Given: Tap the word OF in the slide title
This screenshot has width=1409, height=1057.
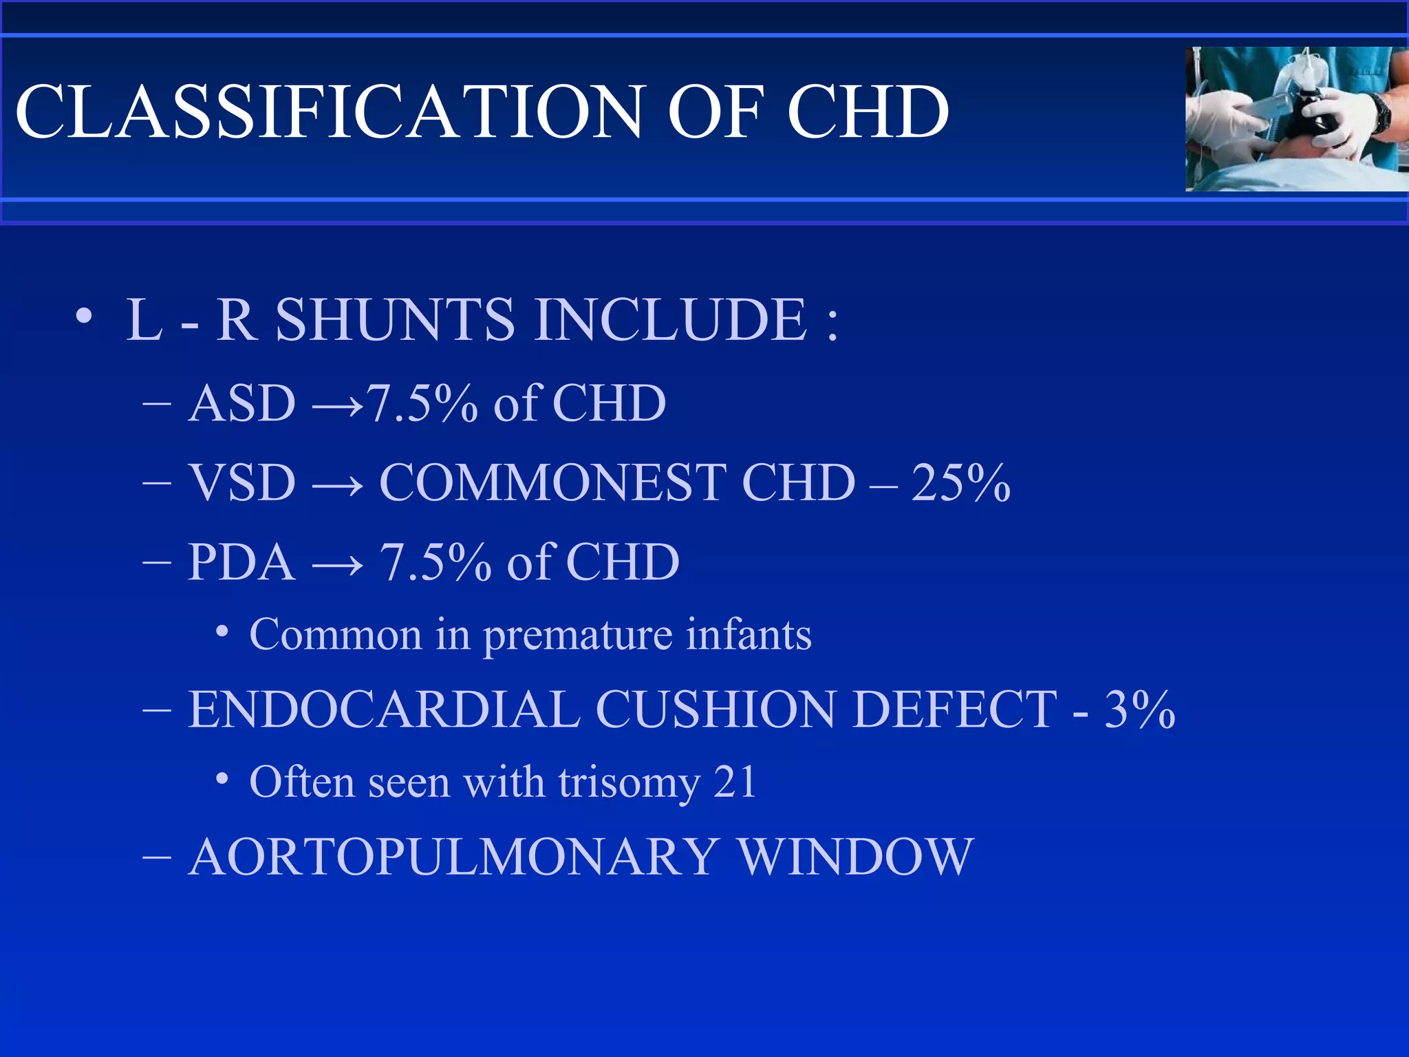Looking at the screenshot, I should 716,111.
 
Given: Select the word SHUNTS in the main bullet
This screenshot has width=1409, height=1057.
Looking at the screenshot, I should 394,319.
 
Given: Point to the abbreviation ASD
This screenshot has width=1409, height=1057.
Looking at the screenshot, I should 242,403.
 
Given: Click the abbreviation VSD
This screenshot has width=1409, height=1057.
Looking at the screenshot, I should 242,482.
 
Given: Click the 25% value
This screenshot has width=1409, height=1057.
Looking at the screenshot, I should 960,482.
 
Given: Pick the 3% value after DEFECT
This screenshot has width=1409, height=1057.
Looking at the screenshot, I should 1140,709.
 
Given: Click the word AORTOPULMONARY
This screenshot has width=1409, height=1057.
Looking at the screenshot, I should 454,857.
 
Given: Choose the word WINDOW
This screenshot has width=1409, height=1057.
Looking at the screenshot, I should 855,857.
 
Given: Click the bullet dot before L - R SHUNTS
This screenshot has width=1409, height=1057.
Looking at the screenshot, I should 84,317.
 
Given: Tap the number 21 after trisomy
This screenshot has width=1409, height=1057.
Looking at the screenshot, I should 735,782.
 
